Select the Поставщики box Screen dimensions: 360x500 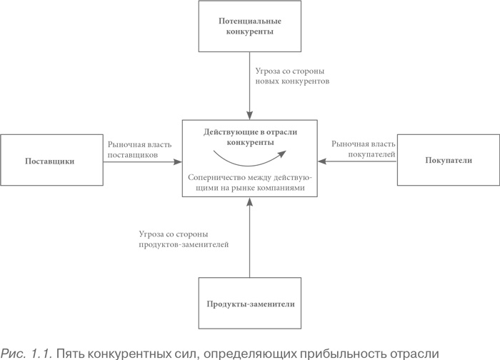coord(51,161)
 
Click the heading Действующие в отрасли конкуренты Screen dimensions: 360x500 coord(249,137)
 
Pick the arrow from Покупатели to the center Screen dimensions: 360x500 coord(357,161)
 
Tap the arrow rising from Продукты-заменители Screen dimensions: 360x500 coord(249,239)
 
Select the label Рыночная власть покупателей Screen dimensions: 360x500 coord(363,149)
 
